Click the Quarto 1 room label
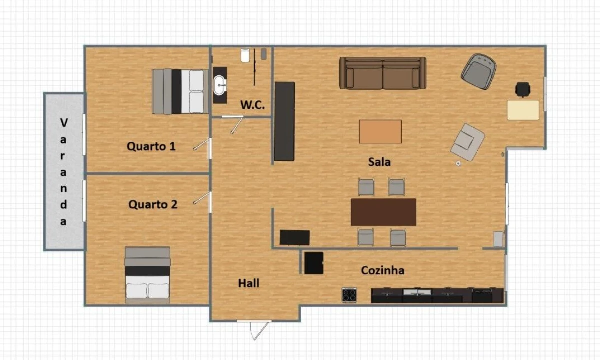[151, 146]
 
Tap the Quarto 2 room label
[153, 204]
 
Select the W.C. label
[252, 105]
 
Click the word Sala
[379, 162]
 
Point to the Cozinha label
[383, 270]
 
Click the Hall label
[249, 283]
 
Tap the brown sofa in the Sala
[383, 73]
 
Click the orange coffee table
[380, 131]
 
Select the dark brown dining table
[383, 212]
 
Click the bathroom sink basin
[220, 85]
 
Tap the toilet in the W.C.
[245, 55]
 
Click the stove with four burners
[349, 295]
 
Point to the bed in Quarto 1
[180, 91]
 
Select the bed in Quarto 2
[147, 275]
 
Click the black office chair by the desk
[523, 89]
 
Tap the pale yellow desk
[523, 110]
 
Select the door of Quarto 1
[202, 145]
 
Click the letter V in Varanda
[63, 122]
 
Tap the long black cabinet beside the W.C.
[284, 121]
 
